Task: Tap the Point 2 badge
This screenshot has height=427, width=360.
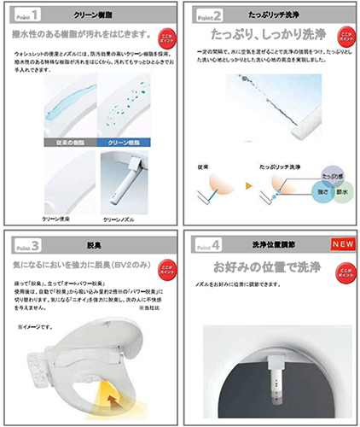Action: pyautogui.click(x=207, y=15)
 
